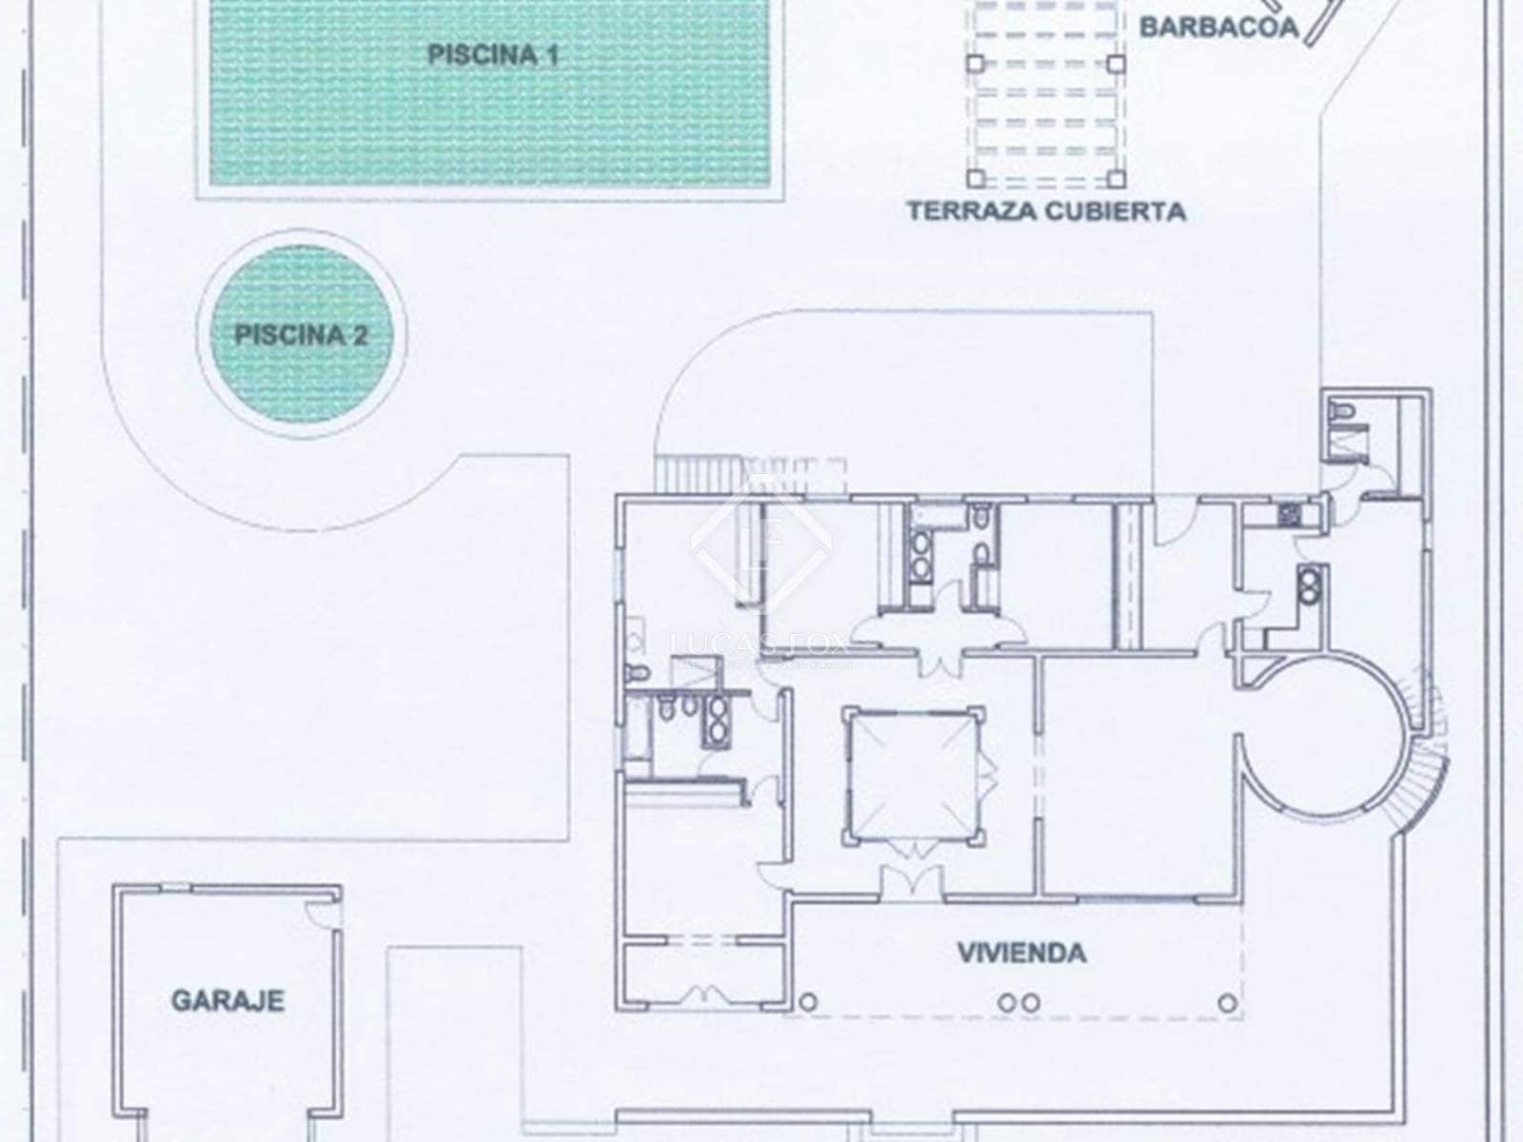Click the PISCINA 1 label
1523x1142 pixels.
[492, 54]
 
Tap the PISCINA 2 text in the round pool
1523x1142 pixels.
[301, 335]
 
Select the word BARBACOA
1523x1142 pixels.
[1218, 27]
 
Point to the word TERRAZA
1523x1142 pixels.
[971, 210]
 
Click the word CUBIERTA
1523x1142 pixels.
[1117, 210]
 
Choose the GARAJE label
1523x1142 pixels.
[227, 1000]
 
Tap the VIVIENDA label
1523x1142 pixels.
[1021, 953]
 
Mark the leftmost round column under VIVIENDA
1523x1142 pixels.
[809, 1001]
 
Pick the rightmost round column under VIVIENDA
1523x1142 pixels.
[1229, 1001]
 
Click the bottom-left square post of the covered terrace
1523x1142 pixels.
[975, 178]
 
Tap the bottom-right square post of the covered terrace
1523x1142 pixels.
[1116, 178]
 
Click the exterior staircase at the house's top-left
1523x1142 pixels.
[697, 472]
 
